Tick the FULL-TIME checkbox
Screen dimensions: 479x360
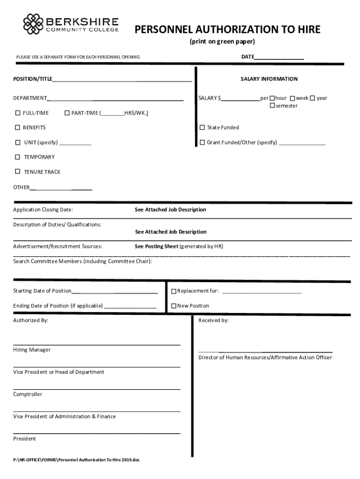tap(18, 113)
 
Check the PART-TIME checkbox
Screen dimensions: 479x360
tap(67, 113)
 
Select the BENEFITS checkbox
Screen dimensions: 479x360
tap(18, 127)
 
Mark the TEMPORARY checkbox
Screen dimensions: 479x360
tap(18, 157)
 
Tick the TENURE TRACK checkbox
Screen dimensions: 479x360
tap(18, 172)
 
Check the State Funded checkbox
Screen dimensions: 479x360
tap(202, 127)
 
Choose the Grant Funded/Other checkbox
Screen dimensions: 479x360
tap(202, 142)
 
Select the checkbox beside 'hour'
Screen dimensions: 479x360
tap(272, 98)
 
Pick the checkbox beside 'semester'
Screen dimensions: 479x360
tap(272, 106)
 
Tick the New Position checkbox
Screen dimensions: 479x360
tap(173, 306)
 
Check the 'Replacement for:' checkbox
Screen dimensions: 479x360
tap(173, 291)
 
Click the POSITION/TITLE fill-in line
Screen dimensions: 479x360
tap(122, 81)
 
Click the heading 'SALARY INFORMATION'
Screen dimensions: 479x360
tap(269, 79)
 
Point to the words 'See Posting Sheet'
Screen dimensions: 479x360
tap(156, 246)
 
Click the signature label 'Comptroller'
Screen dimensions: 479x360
tap(28, 394)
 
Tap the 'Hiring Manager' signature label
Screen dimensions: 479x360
tap(32, 350)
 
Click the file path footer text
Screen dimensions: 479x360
tap(76, 460)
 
